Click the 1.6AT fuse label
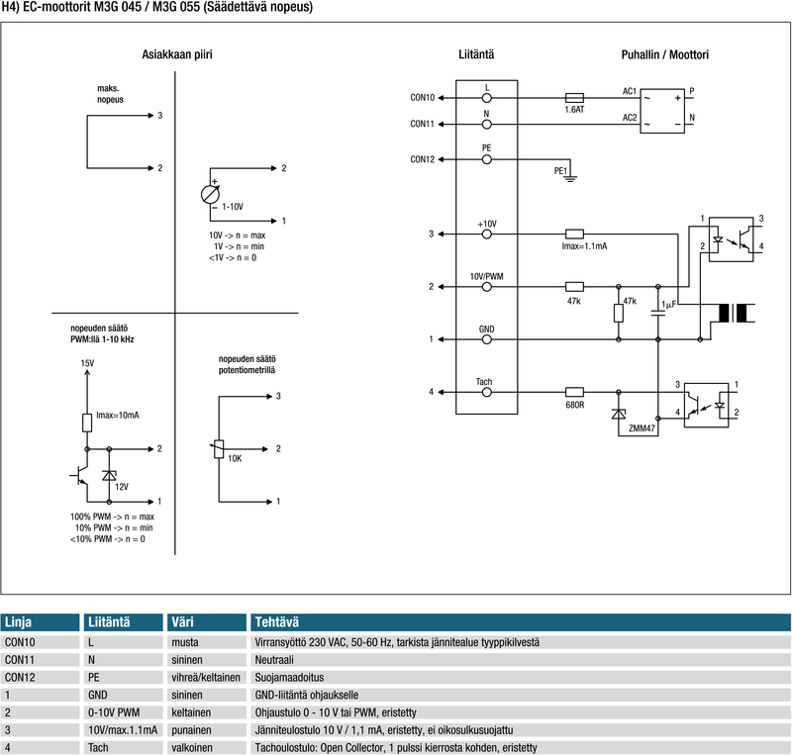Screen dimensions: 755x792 point(574,111)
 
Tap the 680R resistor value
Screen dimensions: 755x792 point(574,405)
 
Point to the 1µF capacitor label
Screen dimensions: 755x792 point(669,303)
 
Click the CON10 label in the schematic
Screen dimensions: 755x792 point(422,98)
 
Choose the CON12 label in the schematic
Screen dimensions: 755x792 point(422,159)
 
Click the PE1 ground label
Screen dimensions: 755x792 point(560,170)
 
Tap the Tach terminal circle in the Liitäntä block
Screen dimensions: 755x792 point(486,392)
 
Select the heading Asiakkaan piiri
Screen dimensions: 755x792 point(177,54)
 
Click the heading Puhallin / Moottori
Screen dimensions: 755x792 point(664,54)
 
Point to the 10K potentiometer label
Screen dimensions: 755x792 point(236,459)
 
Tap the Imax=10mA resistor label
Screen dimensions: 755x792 point(118,415)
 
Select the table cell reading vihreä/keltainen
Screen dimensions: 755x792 point(206,676)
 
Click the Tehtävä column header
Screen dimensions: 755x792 point(277,622)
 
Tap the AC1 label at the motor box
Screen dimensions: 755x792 point(630,91)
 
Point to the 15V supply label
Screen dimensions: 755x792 point(87,364)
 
